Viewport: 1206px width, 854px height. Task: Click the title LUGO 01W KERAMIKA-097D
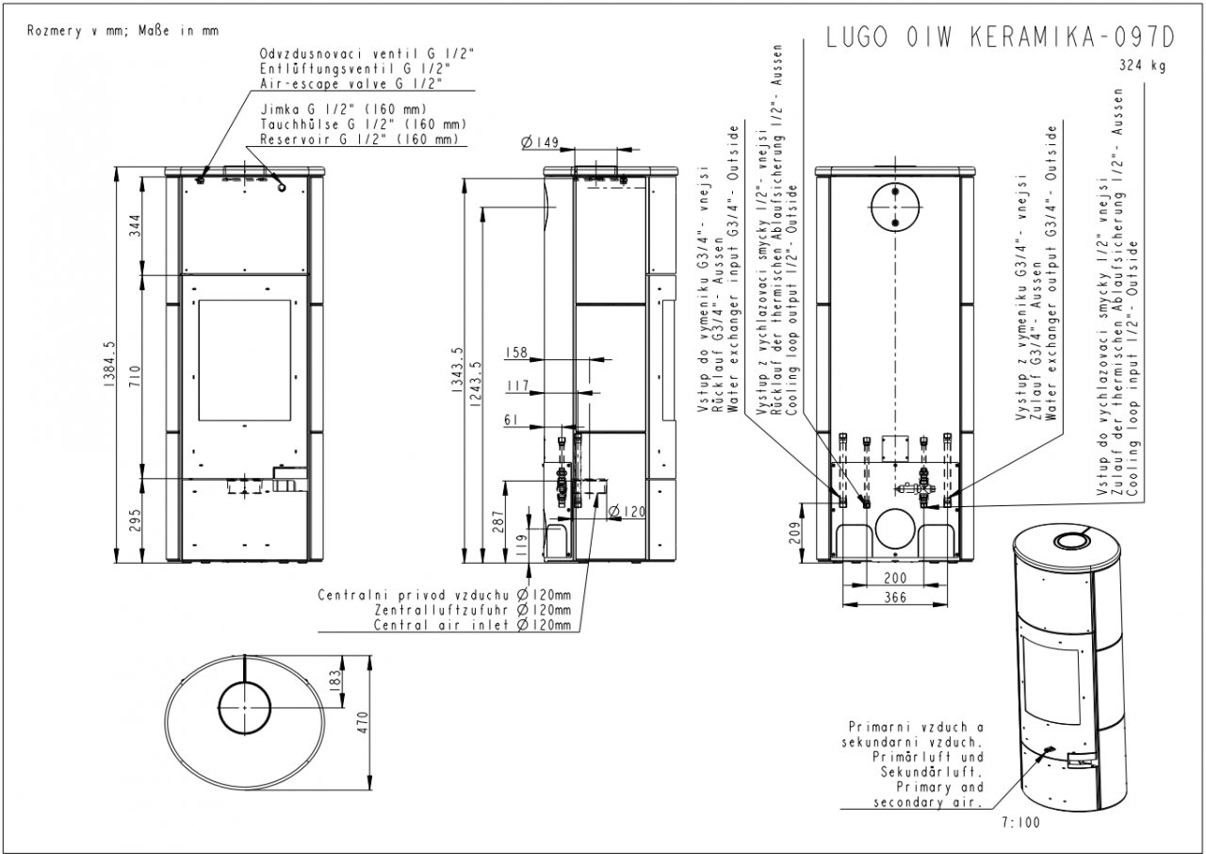click(x=1001, y=38)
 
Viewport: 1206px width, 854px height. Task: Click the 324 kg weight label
click(x=1143, y=66)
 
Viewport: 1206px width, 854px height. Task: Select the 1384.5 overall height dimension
click(x=108, y=365)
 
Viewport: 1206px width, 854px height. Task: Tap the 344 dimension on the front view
click(x=135, y=225)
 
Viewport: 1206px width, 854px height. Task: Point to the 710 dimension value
click(x=135, y=376)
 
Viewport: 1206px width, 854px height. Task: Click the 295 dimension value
click(x=135, y=520)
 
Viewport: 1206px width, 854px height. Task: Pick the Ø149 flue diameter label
click(x=540, y=142)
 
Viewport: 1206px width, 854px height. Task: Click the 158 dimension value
click(x=515, y=353)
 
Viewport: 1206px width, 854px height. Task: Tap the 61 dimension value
click(x=511, y=420)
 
